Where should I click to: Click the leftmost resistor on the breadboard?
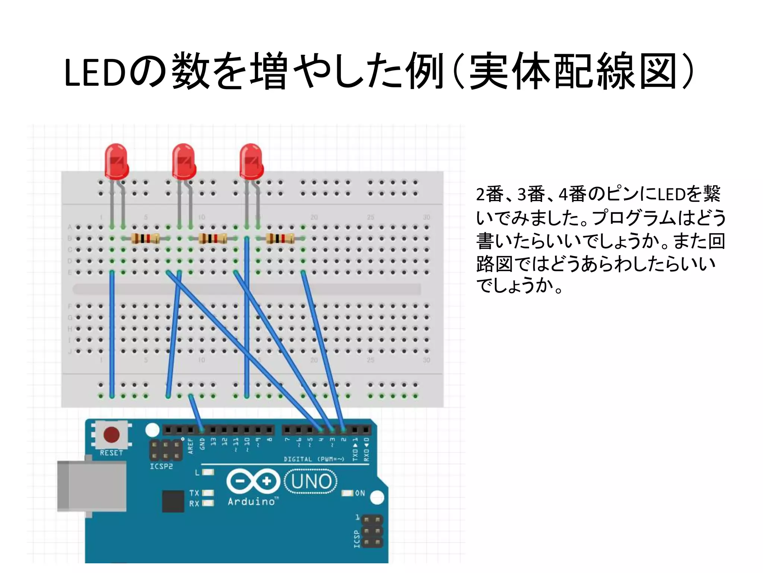(145, 238)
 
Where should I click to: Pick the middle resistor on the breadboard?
(212, 238)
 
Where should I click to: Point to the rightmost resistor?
(280, 238)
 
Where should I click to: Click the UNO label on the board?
(311, 481)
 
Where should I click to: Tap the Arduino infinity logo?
(253, 481)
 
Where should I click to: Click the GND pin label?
(202, 444)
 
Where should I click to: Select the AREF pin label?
(191, 446)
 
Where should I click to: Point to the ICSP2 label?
(161, 466)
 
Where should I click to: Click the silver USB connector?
(91, 486)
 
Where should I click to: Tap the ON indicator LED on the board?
(347, 493)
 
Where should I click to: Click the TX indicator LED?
(208, 493)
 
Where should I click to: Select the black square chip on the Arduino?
(173, 501)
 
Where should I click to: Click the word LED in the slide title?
(95, 73)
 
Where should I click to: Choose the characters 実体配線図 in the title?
(572, 72)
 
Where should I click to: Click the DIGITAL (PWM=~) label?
(314, 459)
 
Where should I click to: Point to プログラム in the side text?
(633, 218)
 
